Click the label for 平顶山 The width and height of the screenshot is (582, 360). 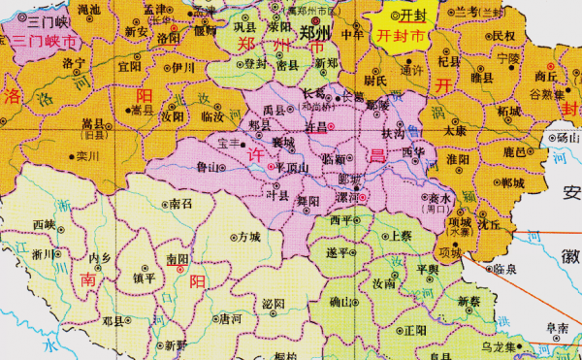point(291,166)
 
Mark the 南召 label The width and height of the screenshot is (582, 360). point(180,205)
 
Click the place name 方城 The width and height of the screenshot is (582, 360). point(249,236)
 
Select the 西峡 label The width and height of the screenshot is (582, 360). point(44,225)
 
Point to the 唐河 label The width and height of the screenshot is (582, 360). point(231,318)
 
